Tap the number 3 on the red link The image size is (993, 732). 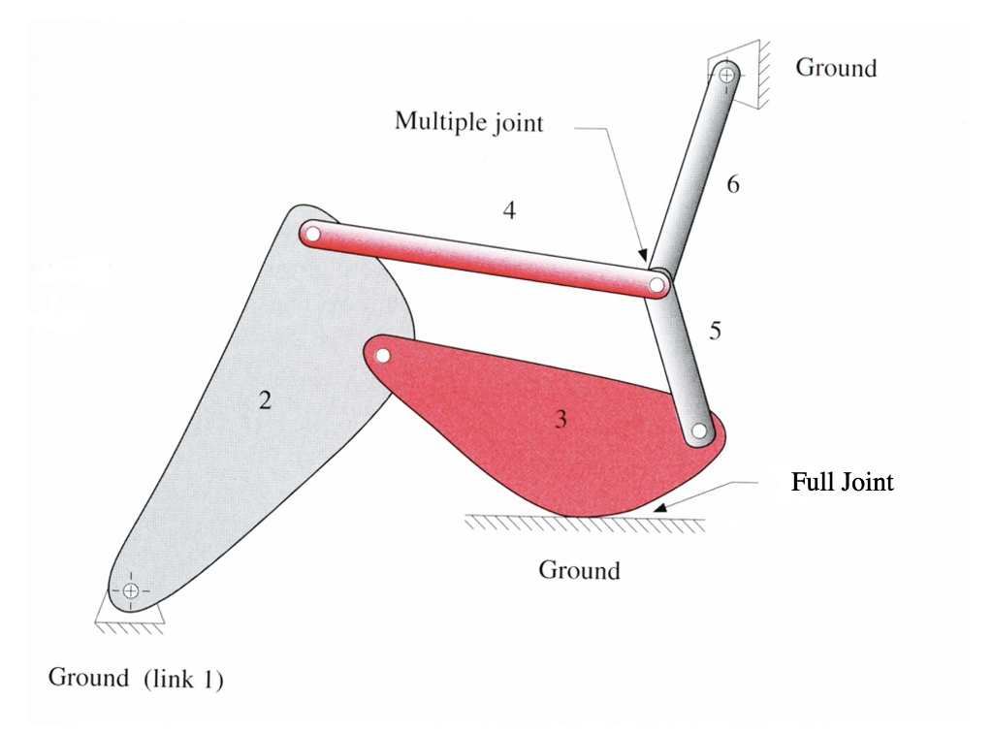coord(561,419)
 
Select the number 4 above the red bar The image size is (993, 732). coord(509,209)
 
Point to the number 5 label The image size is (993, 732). coord(715,332)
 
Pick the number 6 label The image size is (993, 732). coord(733,183)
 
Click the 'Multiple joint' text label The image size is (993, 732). coord(468,122)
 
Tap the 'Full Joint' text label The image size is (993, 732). coord(842,482)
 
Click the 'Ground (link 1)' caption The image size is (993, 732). coord(136,679)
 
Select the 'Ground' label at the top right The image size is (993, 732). coord(835,68)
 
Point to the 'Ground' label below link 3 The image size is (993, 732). coord(579,569)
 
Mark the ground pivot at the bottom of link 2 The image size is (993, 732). coord(131,590)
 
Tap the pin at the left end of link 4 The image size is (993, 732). coord(312,233)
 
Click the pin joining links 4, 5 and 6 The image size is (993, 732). coord(658,285)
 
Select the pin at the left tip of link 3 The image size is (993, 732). coord(382,355)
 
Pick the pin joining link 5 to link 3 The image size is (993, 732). coord(699,432)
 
